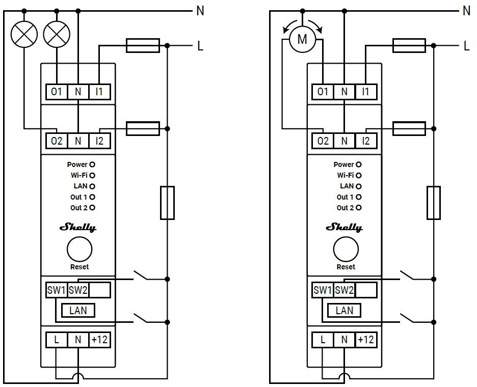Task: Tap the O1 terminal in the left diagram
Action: (x=57, y=92)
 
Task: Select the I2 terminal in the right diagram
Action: (x=365, y=141)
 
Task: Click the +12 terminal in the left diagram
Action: (x=99, y=340)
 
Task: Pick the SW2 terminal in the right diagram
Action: (x=344, y=290)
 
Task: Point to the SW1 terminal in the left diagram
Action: (x=56, y=290)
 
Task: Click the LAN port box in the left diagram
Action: (x=78, y=310)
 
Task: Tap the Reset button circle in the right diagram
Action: (x=346, y=250)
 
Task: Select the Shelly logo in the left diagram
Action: (x=78, y=227)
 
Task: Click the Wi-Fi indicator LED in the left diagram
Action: (x=92, y=175)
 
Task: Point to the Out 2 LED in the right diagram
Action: (x=359, y=208)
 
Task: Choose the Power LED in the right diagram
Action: (x=359, y=164)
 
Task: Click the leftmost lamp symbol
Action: (x=24, y=35)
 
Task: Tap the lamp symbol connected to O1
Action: (x=57, y=35)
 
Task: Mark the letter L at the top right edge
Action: (x=466, y=46)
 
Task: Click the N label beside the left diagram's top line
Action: (x=200, y=11)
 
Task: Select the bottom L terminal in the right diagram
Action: (x=323, y=340)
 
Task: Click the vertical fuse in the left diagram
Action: (x=167, y=203)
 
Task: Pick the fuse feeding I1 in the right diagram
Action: (x=409, y=46)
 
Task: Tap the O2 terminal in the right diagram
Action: (x=323, y=141)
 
